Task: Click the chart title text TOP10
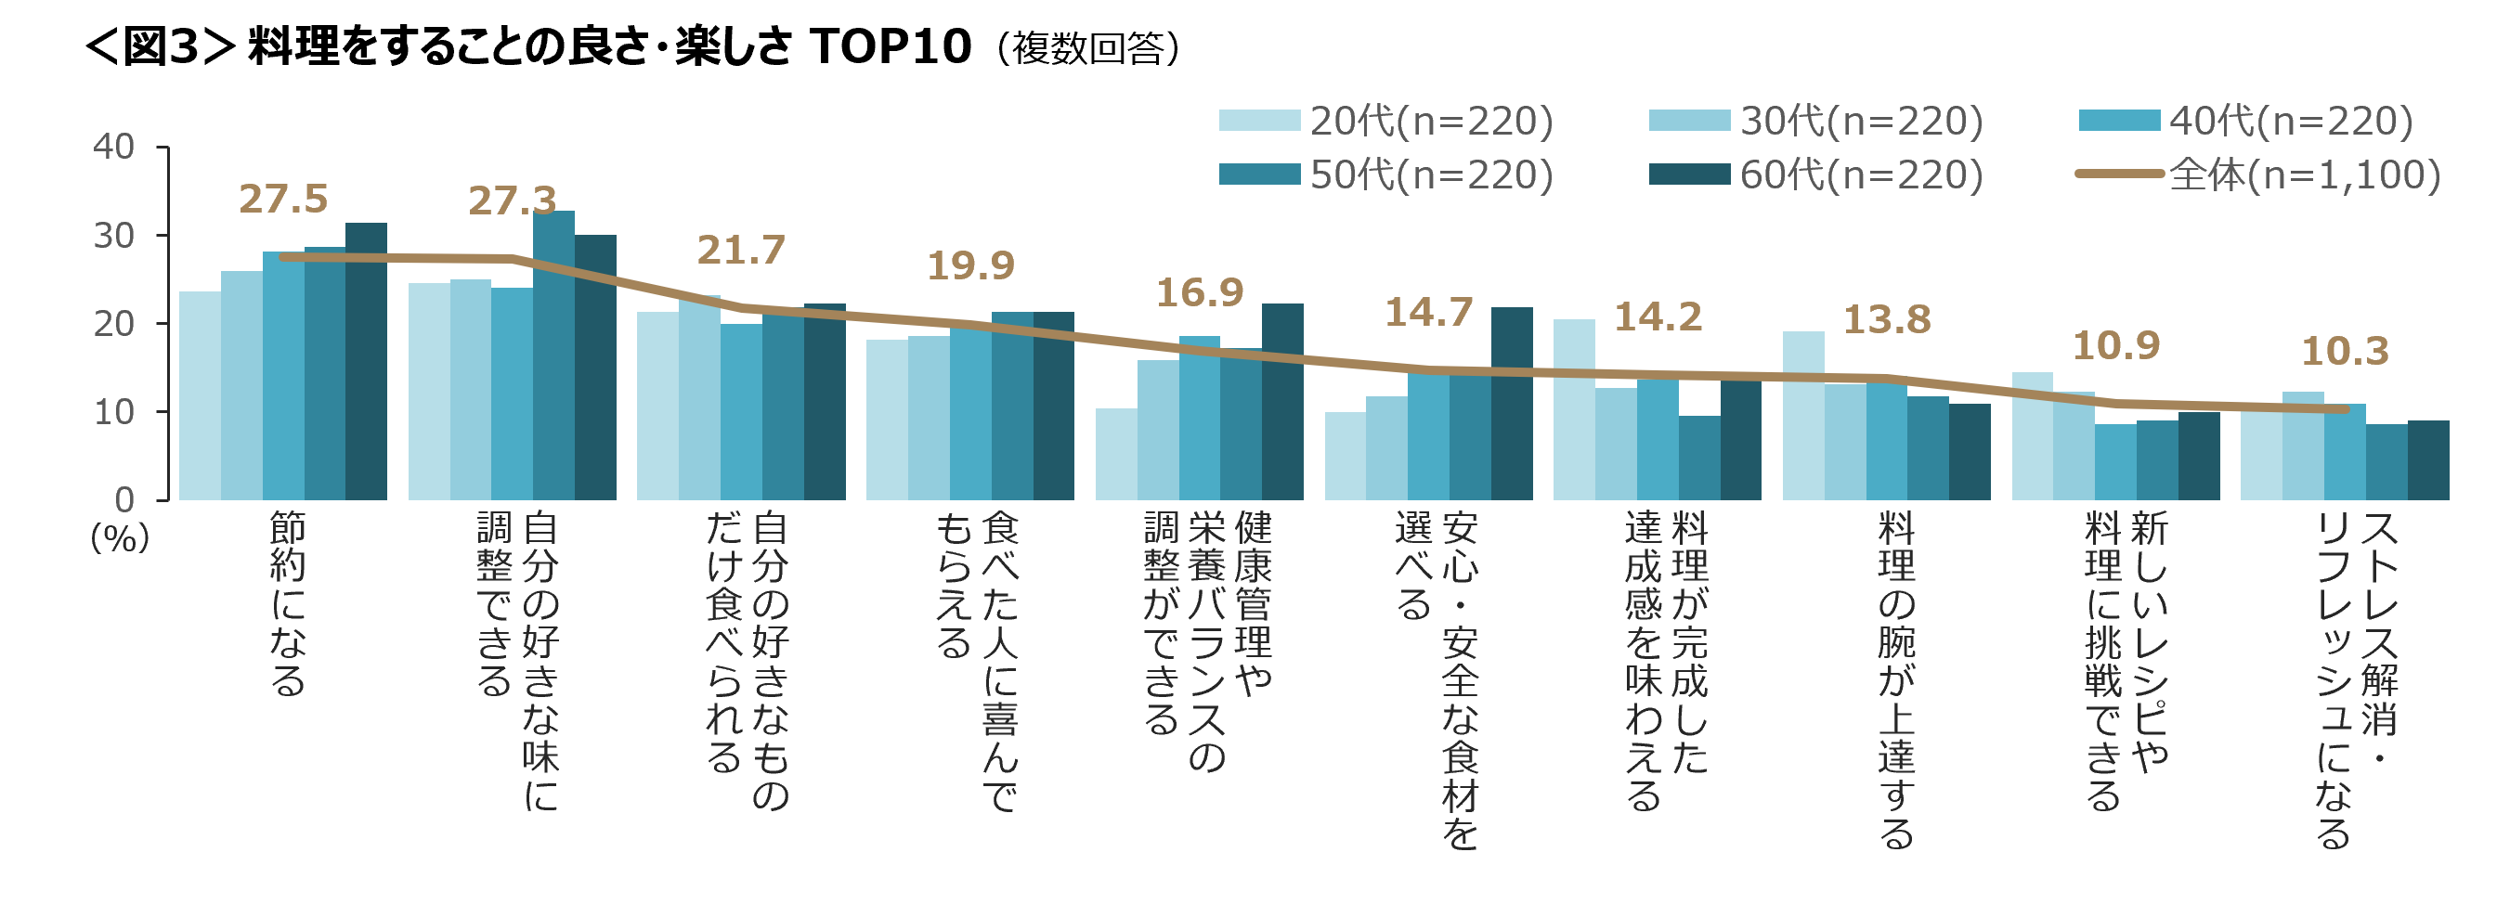point(890,46)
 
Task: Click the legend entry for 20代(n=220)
point(1386,120)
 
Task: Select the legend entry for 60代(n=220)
point(1816,174)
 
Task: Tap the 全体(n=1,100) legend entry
point(2257,174)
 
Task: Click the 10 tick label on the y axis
point(113,412)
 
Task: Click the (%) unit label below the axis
point(119,537)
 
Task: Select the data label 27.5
point(283,199)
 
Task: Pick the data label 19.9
point(970,265)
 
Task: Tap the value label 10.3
point(2345,351)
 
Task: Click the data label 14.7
point(1429,312)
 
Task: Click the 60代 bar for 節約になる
point(367,361)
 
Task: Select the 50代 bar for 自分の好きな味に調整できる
point(553,355)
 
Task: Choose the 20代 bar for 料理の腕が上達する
point(1803,416)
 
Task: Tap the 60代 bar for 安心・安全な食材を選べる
point(1512,404)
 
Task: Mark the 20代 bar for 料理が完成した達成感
point(1574,410)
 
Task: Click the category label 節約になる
point(288,604)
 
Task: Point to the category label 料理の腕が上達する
point(1896,681)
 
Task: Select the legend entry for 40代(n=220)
point(2246,120)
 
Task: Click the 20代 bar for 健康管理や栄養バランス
point(1115,455)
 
